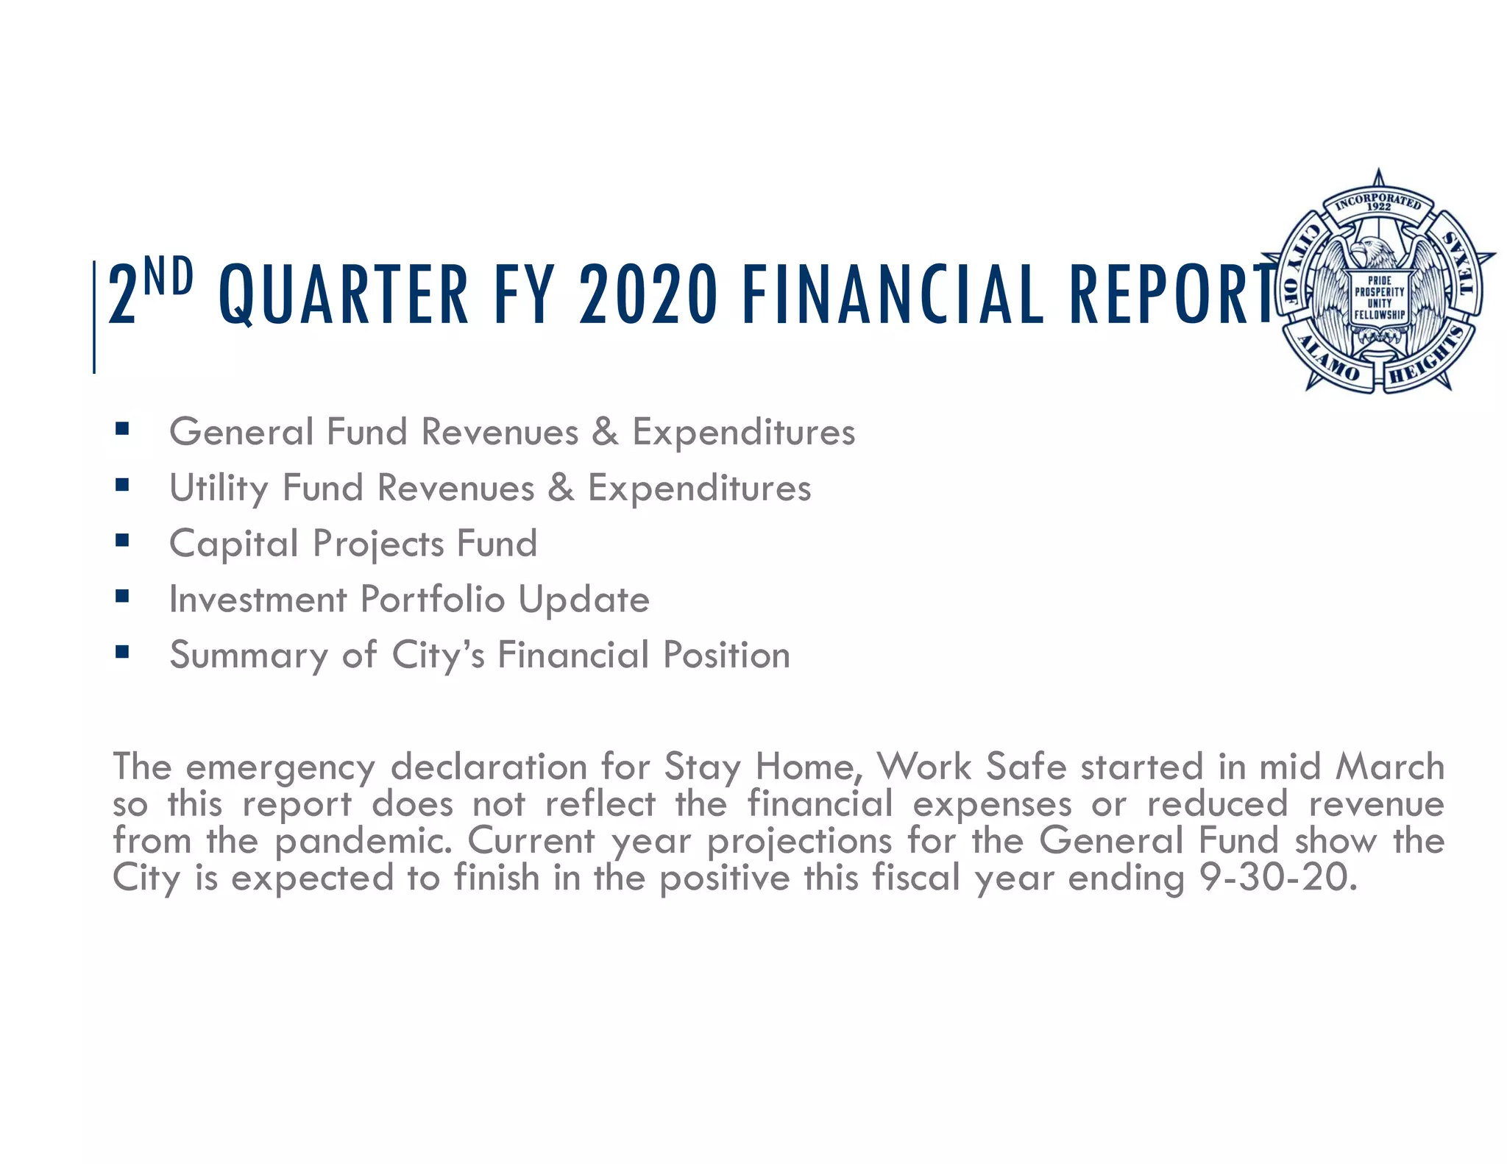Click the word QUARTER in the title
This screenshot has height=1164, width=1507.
(x=344, y=295)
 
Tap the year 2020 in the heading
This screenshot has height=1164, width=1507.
(x=648, y=295)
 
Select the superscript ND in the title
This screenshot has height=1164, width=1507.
(x=169, y=276)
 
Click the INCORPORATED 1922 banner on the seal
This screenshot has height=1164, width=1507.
(x=1378, y=202)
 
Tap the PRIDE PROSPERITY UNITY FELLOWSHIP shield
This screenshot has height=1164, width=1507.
(x=1379, y=298)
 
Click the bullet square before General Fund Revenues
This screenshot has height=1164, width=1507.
(x=122, y=429)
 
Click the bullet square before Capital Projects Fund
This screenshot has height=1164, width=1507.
(x=122, y=541)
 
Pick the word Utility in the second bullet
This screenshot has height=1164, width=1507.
(x=219, y=489)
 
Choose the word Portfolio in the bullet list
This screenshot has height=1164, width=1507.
(x=432, y=600)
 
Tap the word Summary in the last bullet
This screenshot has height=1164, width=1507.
(x=248, y=656)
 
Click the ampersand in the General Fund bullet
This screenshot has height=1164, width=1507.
(x=605, y=432)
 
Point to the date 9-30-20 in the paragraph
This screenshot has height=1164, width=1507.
(x=1277, y=878)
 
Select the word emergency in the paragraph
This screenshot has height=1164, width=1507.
(x=280, y=768)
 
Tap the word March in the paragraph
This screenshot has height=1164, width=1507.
(x=1390, y=767)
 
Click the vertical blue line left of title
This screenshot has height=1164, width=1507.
(x=94, y=316)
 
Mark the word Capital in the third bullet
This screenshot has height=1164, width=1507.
(x=233, y=544)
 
